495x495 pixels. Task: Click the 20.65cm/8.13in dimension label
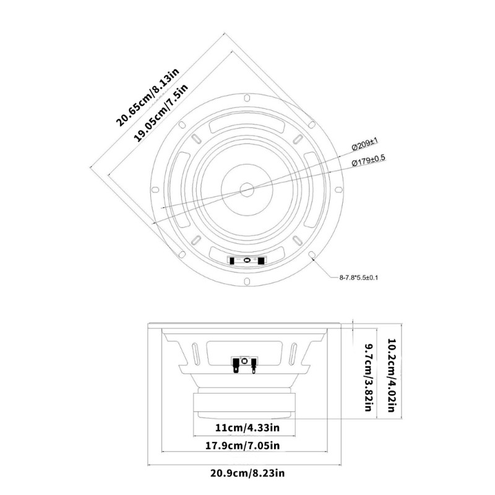point(147,97)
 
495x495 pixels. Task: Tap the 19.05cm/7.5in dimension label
point(161,112)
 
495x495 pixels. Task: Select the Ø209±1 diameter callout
point(365,145)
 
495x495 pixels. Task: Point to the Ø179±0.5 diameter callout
point(368,160)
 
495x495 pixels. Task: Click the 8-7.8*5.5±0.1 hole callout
point(359,277)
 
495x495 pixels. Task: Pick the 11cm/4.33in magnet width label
point(247,428)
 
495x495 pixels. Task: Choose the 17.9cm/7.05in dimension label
point(243,445)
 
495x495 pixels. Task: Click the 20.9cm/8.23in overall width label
point(247,473)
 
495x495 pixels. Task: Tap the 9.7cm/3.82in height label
point(369,377)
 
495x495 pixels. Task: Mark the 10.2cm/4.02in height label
point(392,376)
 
